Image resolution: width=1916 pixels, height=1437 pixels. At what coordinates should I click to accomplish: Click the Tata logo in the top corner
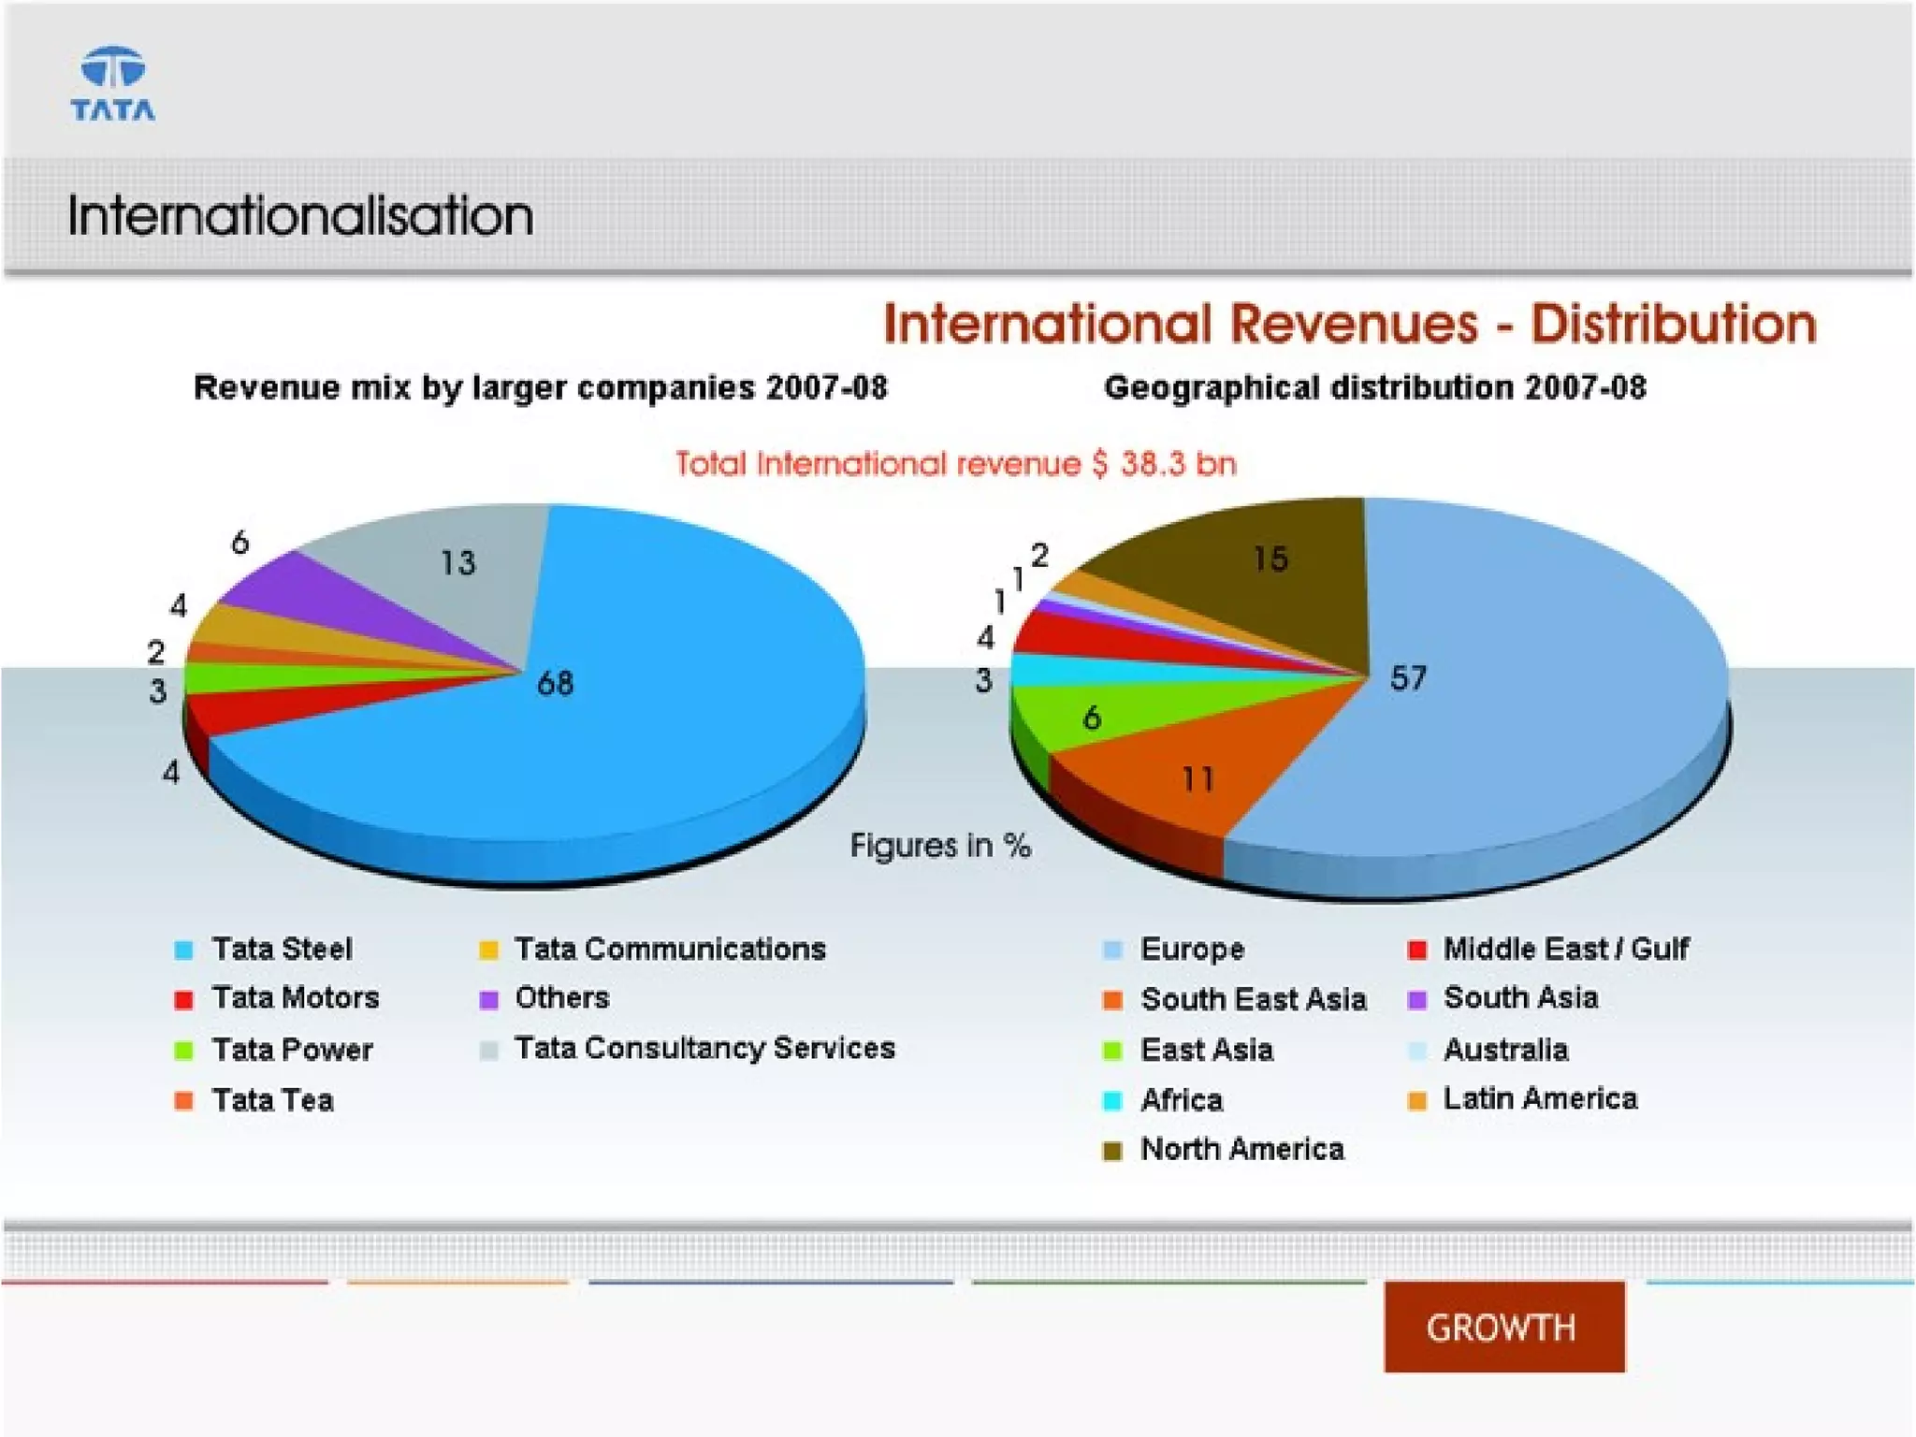(113, 84)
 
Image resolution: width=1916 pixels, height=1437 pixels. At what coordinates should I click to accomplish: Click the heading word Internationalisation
(300, 216)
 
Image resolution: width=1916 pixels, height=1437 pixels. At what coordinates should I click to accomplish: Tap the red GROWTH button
(1503, 1327)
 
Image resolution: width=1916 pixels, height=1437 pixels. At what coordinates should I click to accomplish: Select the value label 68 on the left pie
(555, 683)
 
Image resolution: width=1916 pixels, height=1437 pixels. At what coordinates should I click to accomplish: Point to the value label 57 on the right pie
(1408, 677)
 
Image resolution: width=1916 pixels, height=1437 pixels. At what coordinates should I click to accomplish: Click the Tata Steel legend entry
(282, 949)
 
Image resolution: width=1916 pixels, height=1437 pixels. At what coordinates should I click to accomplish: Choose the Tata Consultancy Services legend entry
(704, 1048)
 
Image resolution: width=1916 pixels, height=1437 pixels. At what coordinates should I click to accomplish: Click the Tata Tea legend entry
(272, 1100)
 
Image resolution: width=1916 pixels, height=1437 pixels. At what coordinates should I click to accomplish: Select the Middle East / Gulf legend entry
(1565, 949)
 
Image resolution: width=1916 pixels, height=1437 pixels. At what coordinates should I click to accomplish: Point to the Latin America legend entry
(1540, 1098)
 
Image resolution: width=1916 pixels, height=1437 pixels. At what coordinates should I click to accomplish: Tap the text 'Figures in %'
(940, 846)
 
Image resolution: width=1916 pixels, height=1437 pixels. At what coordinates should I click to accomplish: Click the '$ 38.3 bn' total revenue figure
(1165, 464)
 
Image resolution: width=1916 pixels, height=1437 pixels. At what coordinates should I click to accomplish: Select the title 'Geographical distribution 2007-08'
(1374, 387)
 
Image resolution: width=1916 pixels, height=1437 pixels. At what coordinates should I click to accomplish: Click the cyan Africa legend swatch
(1112, 1100)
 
